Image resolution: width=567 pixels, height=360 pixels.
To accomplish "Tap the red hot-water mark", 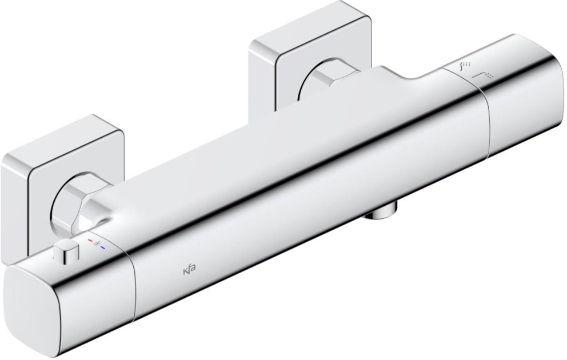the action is point(90,241).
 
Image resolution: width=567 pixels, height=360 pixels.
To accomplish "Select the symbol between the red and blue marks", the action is point(97,245).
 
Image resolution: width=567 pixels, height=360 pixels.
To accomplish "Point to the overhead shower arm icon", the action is point(479,75).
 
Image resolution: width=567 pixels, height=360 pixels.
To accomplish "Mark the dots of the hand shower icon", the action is point(468,64).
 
